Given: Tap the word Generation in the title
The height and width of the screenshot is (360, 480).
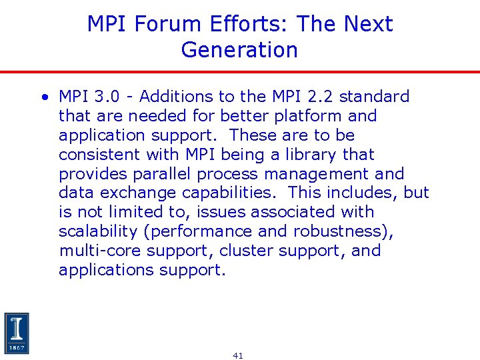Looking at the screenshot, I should pyautogui.click(x=239, y=49).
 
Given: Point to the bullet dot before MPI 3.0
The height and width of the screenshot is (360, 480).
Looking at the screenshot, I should pyautogui.click(x=43, y=97).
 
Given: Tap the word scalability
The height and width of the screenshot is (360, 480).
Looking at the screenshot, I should pyautogui.click(x=96, y=231).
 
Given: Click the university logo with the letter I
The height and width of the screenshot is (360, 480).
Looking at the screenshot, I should pyautogui.click(x=17, y=333).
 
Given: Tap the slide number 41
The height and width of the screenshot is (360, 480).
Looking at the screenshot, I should pyautogui.click(x=238, y=355).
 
